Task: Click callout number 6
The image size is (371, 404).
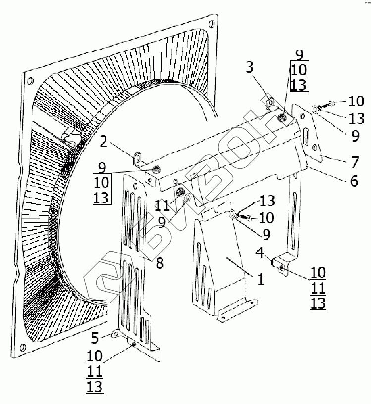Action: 354,181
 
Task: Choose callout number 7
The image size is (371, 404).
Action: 354,162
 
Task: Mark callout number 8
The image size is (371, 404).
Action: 159,263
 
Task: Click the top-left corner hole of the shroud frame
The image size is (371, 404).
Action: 30,81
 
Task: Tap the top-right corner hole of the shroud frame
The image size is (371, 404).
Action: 212,23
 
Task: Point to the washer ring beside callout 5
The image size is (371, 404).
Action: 114,335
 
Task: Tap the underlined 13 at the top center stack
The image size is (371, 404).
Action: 299,85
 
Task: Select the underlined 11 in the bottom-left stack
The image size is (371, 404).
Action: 96,371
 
